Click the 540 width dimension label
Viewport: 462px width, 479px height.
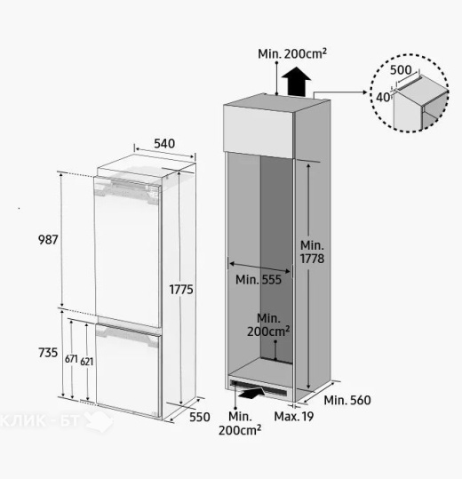tap(164, 143)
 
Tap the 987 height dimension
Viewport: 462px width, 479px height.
tap(48, 240)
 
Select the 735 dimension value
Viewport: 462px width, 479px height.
tap(48, 353)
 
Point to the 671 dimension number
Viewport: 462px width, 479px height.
tap(71, 359)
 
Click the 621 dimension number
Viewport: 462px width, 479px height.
tap(87, 362)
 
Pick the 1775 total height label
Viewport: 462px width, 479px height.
tap(181, 290)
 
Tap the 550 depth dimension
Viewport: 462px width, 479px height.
tap(200, 417)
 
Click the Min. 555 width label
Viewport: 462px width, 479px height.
tap(259, 280)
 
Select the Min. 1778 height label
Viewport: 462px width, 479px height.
tap(312, 252)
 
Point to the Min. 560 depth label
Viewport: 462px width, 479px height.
tap(347, 400)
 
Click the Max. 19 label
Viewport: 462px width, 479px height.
tap(294, 417)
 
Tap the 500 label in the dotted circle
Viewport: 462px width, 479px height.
tap(401, 70)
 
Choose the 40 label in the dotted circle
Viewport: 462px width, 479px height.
tap(383, 98)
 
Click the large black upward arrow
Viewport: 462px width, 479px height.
tap(296, 82)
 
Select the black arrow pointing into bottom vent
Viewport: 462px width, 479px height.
tap(253, 393)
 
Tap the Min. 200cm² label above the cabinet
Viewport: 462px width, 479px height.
tap(292, 53)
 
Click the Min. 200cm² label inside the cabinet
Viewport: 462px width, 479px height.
tap(268, 325)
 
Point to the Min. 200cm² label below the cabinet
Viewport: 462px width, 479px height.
tap(240, 423)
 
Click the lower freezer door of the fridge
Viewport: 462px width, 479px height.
tap(128, 371)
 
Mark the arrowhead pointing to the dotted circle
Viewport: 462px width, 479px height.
tap(364, 92)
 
